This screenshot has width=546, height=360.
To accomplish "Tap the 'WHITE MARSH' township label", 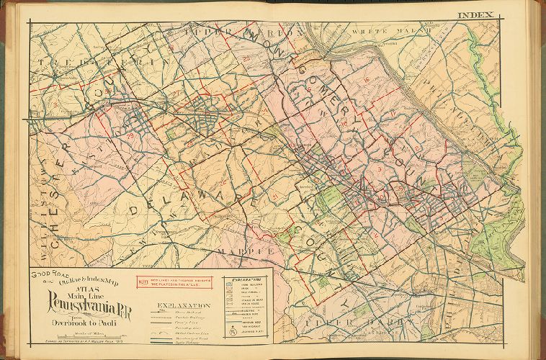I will click(x=377, y=32).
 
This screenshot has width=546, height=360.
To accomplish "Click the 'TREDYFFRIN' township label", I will click(x=108, y=63).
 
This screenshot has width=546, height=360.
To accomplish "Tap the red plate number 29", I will click(x=130, y=136).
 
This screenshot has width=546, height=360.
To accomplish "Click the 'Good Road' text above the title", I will click(x=45, y=276).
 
